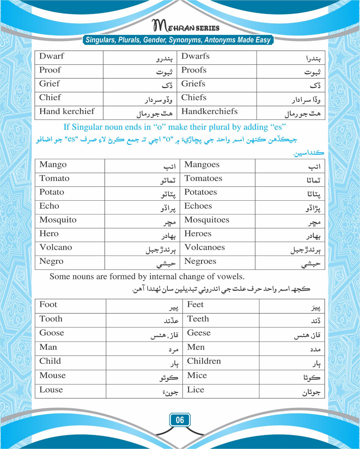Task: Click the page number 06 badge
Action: pos(180,420)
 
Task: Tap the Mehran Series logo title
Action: pos(186,26)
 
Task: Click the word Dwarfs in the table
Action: pos(195,56)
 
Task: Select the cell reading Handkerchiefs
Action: pos(209,111)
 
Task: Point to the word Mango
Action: pos(53,164)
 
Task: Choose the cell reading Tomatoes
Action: pos(203,178)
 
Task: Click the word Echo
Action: pos(49,206)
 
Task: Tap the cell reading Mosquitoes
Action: pos(207,220)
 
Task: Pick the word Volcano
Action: pos(56,247)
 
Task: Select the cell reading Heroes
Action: pos(198,233)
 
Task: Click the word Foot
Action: pos(48,304)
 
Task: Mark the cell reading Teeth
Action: pos(198,319)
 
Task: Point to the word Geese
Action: pos(199,333)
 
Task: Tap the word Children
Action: pos(204,361)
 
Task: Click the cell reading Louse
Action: pos(51,390)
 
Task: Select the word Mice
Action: pos(197,375)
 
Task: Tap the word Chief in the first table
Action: pos(50,97)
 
